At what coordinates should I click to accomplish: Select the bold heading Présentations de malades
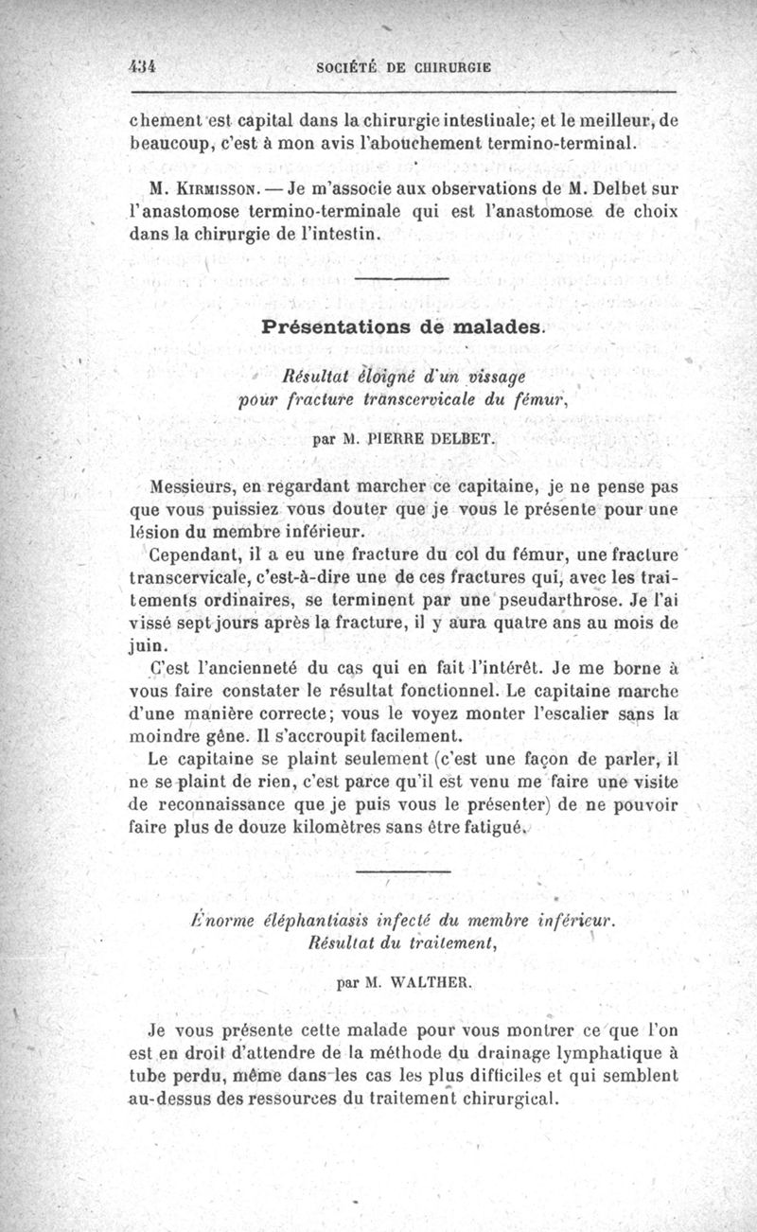click(x=403, y=327)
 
